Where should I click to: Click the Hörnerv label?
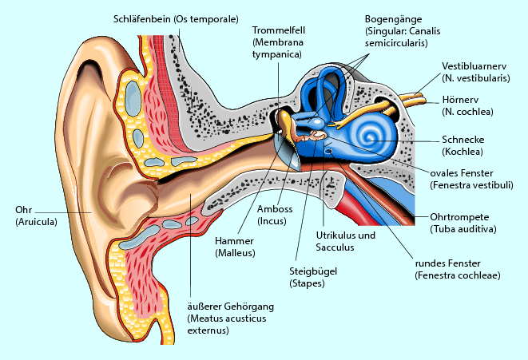(x=461, y=100)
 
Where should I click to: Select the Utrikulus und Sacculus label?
(x=346, y=236)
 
